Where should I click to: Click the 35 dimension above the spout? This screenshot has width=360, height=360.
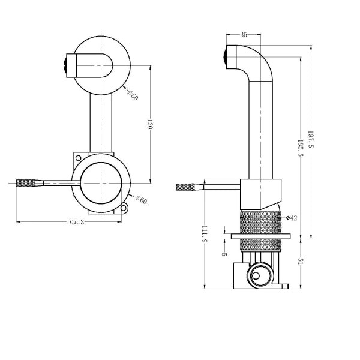pyautogui.click(x=244, y=35)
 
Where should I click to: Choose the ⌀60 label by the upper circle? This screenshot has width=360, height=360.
pyautogui.click(x=133, y=94)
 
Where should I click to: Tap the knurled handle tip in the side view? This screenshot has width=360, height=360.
pyautogui.click(x=187, y=187)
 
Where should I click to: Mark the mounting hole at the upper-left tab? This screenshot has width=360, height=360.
pyautogui.click(x=77, y=157)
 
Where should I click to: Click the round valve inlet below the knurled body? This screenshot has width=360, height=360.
pyautogui.click(x=257, y=275)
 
